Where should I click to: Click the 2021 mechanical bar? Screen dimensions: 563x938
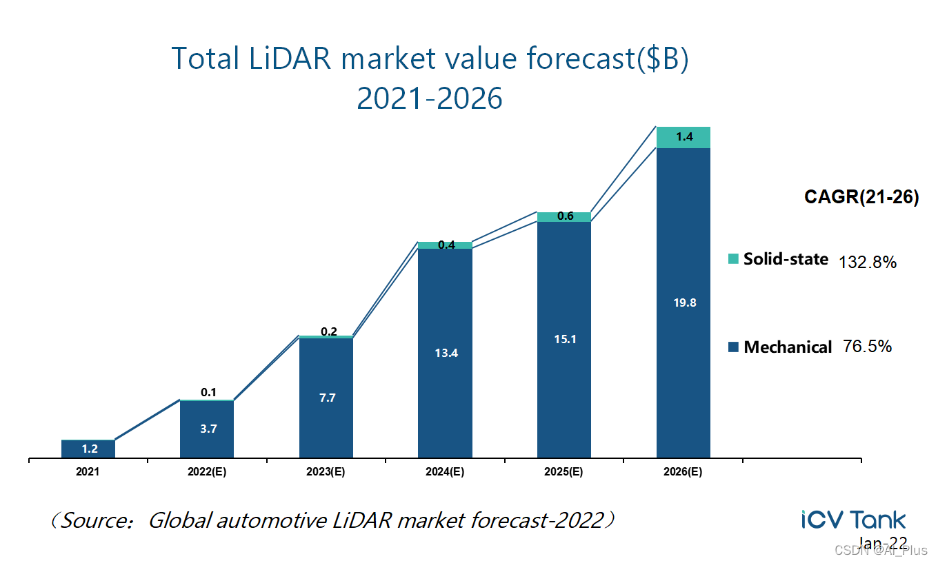pos(88,449)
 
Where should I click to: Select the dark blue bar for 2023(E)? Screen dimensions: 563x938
pos(326,398)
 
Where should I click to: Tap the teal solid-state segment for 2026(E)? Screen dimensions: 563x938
pos(683,137)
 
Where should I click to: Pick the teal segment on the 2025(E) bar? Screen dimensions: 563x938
pos(564,216)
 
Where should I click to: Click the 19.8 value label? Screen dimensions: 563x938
pos(683,303)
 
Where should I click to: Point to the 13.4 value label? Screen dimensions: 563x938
pos(446,353)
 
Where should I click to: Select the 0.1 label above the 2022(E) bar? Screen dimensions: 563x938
pos(208,393)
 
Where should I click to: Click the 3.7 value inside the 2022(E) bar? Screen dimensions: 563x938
pos(208,429)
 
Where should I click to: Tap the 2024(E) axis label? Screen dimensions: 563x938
pos(445,473)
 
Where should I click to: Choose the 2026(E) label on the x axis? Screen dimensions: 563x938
pos(683,473)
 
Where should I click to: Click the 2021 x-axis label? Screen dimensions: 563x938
pos(88,473)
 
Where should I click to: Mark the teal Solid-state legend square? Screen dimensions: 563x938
pos(733,259)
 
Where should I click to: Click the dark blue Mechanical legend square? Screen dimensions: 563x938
pos(733,347)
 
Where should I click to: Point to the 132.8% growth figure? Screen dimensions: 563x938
pos(867,262)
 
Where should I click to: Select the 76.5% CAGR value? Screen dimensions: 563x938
pos(867,346)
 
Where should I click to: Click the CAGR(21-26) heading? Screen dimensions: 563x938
pos(861,197)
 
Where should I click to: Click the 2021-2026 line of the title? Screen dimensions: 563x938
pos(429,99)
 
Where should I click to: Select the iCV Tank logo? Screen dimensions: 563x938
pos(853,520)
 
